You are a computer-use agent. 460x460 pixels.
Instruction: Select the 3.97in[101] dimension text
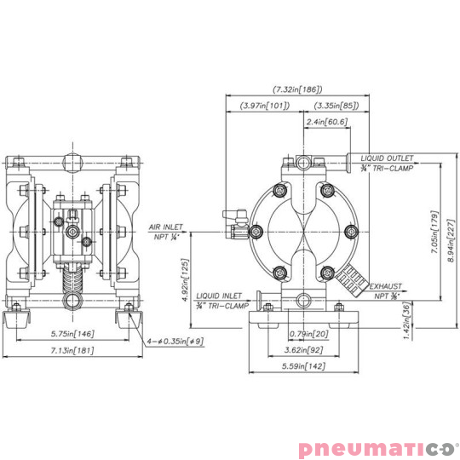[264, 106]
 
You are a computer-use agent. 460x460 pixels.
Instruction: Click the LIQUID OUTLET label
[387, 158]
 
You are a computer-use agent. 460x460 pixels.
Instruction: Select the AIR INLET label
[166, 227]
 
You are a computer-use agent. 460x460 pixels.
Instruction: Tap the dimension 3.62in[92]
[303, 349]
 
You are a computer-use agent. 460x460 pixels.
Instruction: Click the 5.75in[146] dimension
[72, 335]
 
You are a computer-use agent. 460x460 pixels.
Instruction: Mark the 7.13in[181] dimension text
[72, 350]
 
